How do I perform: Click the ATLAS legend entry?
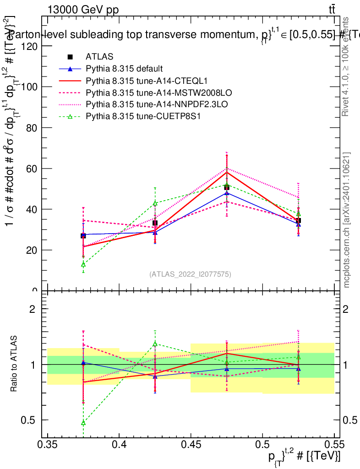click(96, 57)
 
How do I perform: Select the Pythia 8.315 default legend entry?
click(124, 69)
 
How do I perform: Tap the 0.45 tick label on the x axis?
click(191, 444)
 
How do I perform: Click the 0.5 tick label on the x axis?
click(262, 444)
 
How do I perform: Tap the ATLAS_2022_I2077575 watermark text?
click(190, 274)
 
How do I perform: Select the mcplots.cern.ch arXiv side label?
click(347, 220)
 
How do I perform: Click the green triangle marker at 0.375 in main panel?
click(83, 264)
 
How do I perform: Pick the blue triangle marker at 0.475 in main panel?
click(227, 193)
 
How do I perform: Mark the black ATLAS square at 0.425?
click(155, 223)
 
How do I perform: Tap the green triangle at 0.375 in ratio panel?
click(83, 422)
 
